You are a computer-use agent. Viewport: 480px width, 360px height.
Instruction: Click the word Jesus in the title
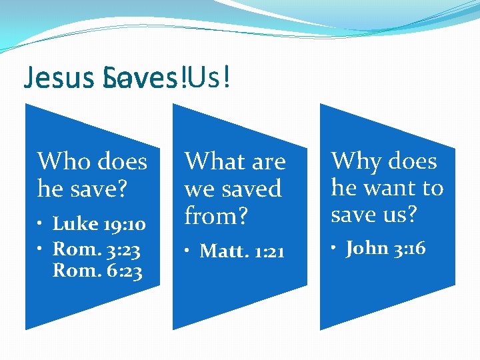pos(47,79)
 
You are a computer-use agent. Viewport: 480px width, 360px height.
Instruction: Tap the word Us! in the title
pos(210,78)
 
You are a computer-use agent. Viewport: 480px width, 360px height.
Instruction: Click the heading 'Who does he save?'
pos(92,175)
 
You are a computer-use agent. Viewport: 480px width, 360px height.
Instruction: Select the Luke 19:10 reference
pos(99,224)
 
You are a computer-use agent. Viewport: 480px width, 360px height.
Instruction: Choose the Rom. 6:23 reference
pos(97,271)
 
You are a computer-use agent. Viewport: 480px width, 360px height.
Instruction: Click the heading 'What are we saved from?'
pos(235,189)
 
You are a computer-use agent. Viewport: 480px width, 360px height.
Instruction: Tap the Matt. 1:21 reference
pos(242,251)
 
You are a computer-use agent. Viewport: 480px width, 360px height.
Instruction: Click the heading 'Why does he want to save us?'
pos(387,187)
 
